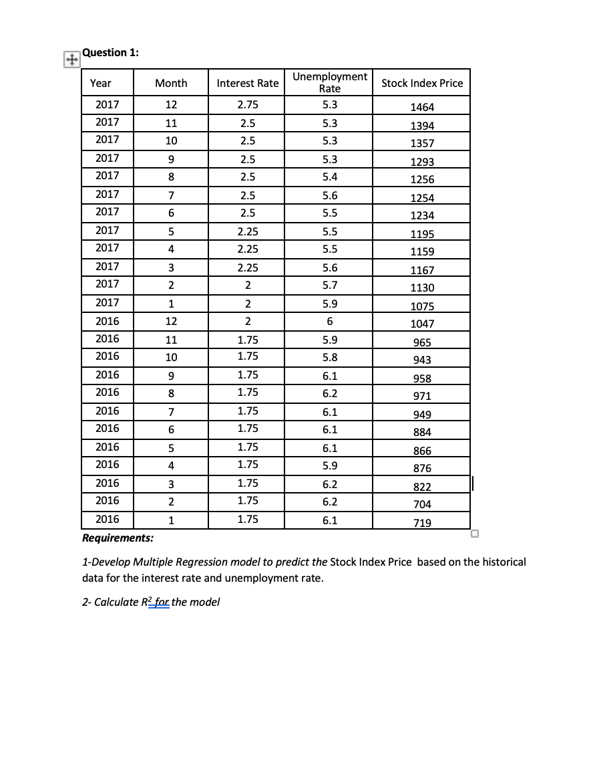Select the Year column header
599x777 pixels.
(x=101, y=84)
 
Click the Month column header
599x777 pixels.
(x=171, y=84)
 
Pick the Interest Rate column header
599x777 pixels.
(x=248, y=84)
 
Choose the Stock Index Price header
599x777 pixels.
(x=421, y=84)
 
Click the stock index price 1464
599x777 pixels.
(x=422, y=107)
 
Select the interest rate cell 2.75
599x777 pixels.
(x=248, y=104)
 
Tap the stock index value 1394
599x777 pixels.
(x=422, y=126)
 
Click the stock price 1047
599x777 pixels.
(x=422, y=324)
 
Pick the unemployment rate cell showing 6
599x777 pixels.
(x=330, y=321)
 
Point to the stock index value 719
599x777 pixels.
(x=422, y=523)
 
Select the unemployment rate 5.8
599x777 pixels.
(x=330, y=356)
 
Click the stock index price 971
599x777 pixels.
(x=422, y=396)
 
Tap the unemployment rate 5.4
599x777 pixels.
(x=330, y=176)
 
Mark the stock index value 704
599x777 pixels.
(x=422, y=504)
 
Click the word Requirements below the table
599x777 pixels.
(x=118, y=538)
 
